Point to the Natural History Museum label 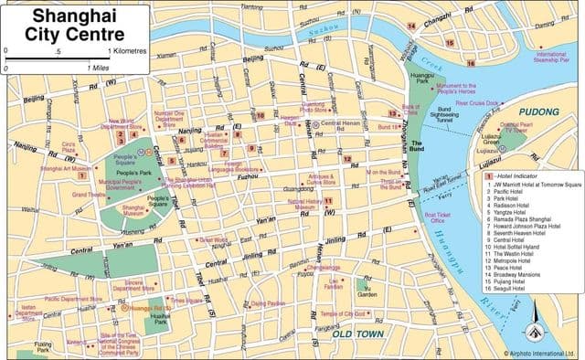pyautogui.click(x=304, y=204)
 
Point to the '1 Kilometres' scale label pyautogui.click(x=128, y=51)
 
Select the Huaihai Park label pyautogui.click(x=163, y=320)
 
